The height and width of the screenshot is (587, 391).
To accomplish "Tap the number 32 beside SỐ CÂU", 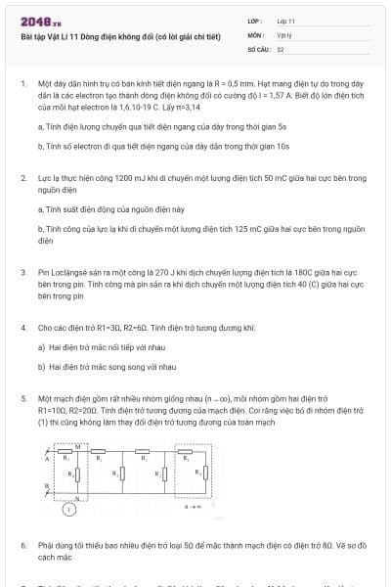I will point(281,47).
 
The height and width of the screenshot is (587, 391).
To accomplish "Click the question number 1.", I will point(22,85).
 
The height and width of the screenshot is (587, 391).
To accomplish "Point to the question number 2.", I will point(22,178).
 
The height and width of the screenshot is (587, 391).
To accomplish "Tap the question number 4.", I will point(22,328).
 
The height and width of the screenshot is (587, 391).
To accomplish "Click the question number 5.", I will point(22,399).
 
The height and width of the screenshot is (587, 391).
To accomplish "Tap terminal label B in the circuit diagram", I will point(46,486).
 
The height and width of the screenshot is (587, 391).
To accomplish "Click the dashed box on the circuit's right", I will point(194,474).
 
